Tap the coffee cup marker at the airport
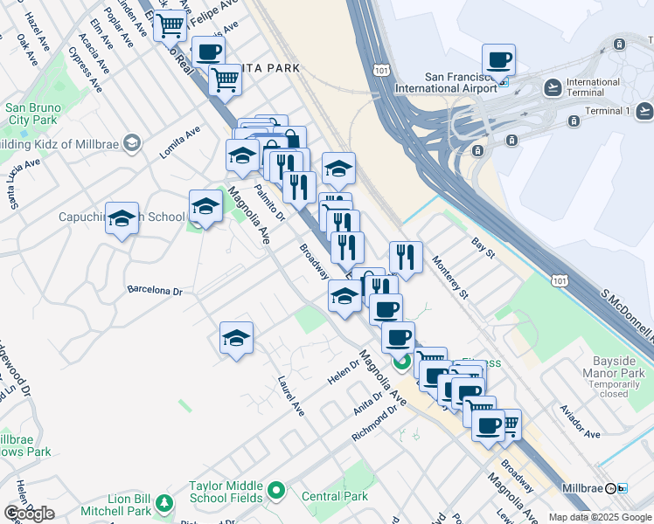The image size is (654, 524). click(x=498, y=60)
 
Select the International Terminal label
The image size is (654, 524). click(x=593, y=87)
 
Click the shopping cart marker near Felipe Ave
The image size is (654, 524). click(x=170, y=25)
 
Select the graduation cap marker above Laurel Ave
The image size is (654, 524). click(x=236, y=338)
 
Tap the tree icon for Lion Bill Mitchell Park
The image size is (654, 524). click(x=163, y=503)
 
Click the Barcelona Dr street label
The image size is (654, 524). click(x=154, y=289)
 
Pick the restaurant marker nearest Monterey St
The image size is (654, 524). click(x=405, y=256)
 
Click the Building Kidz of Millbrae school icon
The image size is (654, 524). click(x=132, y=142)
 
